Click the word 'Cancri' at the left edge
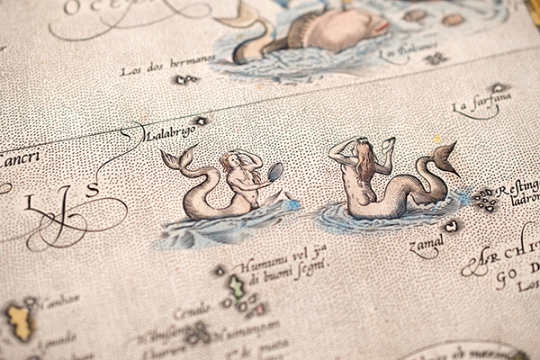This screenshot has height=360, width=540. click(18, 160)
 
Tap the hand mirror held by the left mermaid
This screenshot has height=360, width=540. click(275, 171)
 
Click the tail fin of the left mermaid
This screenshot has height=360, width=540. click(179, 159)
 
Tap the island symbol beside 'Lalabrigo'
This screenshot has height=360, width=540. click(201, 121)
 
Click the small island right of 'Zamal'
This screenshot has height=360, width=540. click(451, 226)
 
